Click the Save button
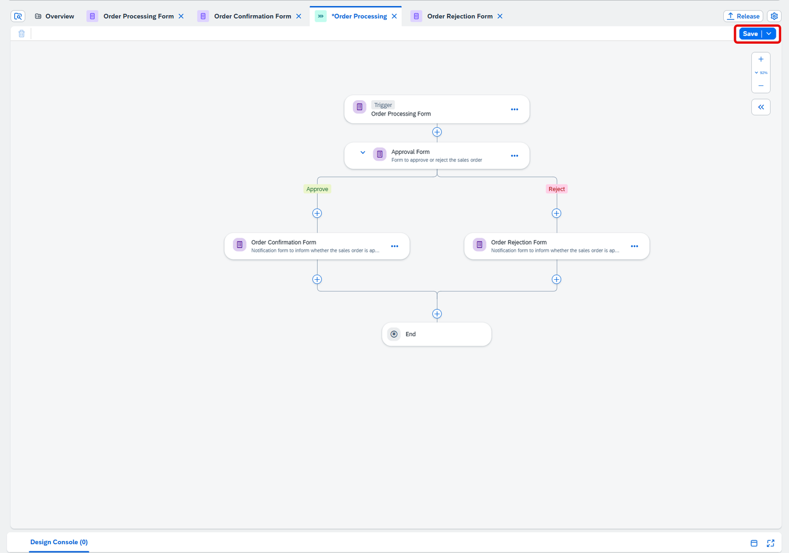coord(750,34)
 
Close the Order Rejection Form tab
coord(500,16)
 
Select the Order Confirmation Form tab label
coord(252,16)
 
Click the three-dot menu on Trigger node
coord(514,110)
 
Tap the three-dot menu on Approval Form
coord(514,155)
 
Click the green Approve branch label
coord(317,189)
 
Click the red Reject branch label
coord(557,189)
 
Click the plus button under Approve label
coord(317,214)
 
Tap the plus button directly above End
coord(437,314)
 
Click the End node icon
coord(394,334)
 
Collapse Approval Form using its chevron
coord(363,153)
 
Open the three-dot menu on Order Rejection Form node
coord(634,246)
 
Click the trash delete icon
coord(21,34)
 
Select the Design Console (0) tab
coord(59,542)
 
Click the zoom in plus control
coord(761,60)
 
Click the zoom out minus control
coord(761,85)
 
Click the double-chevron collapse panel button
coord(761,107)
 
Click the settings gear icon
coord(774,16)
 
